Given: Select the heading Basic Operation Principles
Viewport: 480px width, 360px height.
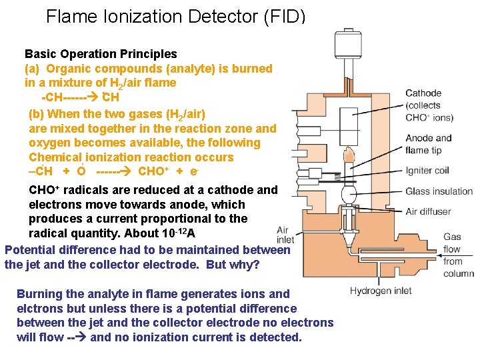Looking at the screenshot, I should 101,54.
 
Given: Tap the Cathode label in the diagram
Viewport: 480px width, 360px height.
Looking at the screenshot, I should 423,93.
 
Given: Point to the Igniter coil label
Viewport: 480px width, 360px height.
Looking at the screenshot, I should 427,171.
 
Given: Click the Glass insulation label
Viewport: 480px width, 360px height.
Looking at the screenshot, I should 439,191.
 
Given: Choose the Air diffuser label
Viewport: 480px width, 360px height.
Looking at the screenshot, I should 428,212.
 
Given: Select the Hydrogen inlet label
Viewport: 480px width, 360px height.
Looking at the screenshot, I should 381,291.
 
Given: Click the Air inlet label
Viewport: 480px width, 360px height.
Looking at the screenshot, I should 285,235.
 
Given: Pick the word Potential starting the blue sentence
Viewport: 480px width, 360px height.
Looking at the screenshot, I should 31,250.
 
